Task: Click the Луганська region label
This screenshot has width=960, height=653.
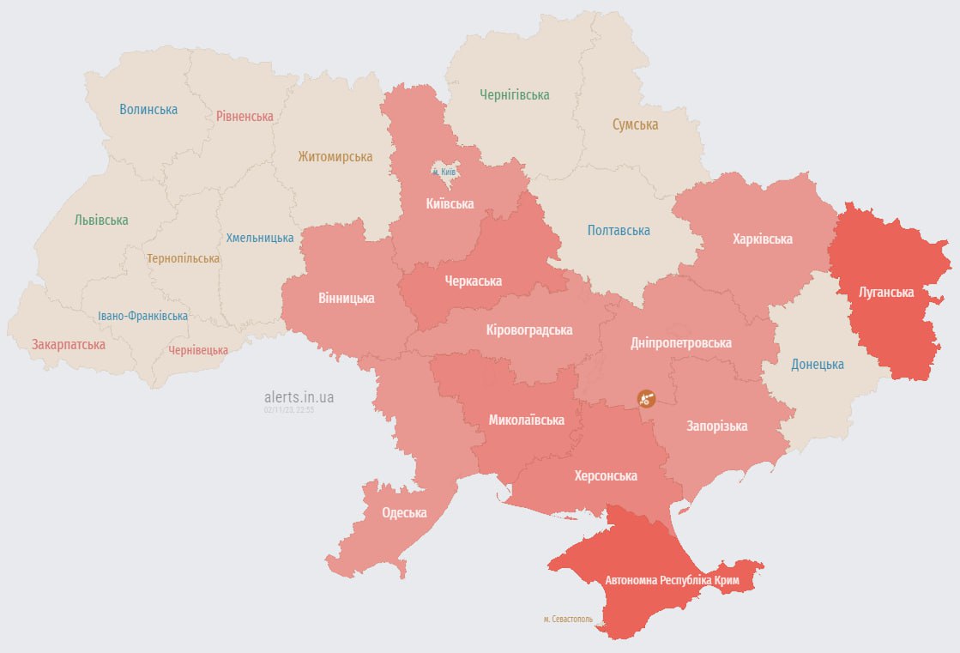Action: click(887, 292)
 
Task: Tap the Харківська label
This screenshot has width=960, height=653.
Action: click(762, 239)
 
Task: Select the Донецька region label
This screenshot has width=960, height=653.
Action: click(817, 364)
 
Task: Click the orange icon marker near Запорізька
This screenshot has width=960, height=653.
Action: click(647, 398)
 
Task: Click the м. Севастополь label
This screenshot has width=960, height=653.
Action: click(568, 619)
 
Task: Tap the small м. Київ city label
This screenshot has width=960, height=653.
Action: click(444, 172)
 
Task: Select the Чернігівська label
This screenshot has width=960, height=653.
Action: click(515, 94)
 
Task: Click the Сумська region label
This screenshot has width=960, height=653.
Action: click(635, 124)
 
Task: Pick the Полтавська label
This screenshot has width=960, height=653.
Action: click(619, 230)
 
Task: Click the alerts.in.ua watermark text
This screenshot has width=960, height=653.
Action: click(299, 396)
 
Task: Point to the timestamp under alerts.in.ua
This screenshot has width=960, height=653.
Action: click(289, 410)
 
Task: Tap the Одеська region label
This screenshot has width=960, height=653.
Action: click(404, 512)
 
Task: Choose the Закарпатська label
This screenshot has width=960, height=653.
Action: click(69, 344)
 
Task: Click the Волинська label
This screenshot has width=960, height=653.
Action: click(148, 109)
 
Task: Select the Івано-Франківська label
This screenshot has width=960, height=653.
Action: click(142, 316)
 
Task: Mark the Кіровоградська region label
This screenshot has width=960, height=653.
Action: click(528, 330)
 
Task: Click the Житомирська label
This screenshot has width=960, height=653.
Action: click(335, 156)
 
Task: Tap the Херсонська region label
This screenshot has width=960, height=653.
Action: click(606, 475)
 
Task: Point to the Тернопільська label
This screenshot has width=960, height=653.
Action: click(183, 257)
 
